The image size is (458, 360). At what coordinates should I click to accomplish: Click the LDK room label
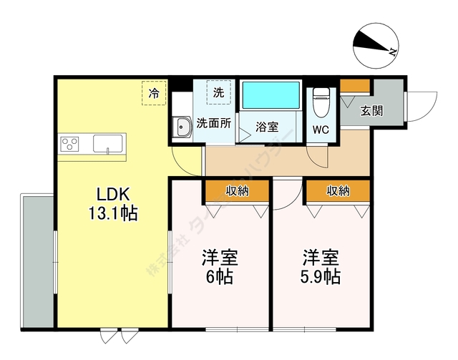click(x=113, y=194)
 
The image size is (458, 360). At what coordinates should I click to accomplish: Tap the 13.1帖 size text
click(x=113, y=213)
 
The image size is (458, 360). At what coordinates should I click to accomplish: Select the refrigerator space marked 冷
click(x=154, y=93)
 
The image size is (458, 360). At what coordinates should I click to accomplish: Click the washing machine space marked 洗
click(x=218, y=92)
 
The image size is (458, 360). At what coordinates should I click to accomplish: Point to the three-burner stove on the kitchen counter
click(x=69, y=144)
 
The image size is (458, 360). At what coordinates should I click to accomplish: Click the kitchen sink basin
click(x=107, y=143)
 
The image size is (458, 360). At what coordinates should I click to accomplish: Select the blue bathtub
click(x=271, y=95)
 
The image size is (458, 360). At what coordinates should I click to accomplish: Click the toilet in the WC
click(x=321, y=102)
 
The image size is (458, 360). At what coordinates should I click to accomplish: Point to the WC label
click(x=321, y=130)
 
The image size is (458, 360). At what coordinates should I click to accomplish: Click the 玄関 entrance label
click(x=371, y=111)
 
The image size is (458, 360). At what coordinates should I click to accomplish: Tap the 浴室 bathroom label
click(x=267, y=127)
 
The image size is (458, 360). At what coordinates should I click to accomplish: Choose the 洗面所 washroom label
click(x=213, y=123)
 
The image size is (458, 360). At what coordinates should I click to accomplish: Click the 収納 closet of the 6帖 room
click(x=237, y=191)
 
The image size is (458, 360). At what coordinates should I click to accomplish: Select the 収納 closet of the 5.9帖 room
click(x=338, y=191)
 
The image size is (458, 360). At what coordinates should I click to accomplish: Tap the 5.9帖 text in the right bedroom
click(x=321, y=276)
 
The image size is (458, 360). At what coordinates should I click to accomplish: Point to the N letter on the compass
click(x=392, y=52)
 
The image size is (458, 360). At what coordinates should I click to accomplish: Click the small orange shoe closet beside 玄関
click(x=355, y=85)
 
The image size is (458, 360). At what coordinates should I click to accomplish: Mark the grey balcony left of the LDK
click(x=38, y=262)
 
